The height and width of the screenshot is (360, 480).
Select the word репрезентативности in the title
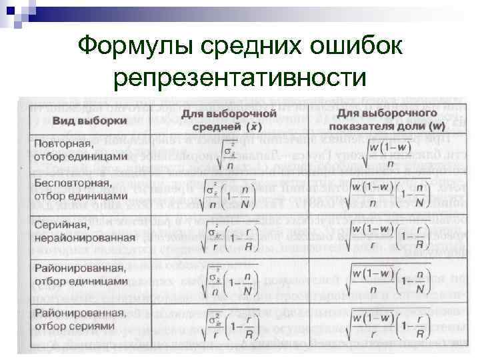point(240,77)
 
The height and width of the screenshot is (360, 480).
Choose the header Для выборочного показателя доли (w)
point(389,119)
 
